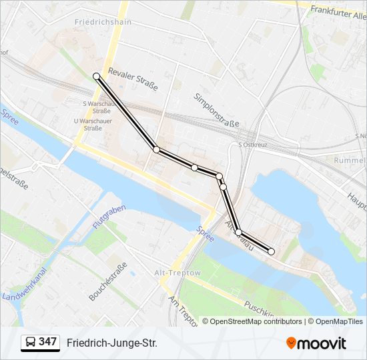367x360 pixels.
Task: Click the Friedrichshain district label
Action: [103, 22]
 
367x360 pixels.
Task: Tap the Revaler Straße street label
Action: [132, 79]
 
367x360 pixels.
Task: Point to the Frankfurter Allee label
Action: [336, 11]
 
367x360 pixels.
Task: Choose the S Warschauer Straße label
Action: [98, 107]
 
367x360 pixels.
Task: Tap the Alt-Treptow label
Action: [177, 273]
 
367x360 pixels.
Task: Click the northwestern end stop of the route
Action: [97, 77]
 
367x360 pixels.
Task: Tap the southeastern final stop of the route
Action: [271, 251]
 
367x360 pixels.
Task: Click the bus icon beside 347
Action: [31, 343]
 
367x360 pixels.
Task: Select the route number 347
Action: [48, 342]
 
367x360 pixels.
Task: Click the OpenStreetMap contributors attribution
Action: [256, 321]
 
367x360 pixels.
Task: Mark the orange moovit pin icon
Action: [292, 343]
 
